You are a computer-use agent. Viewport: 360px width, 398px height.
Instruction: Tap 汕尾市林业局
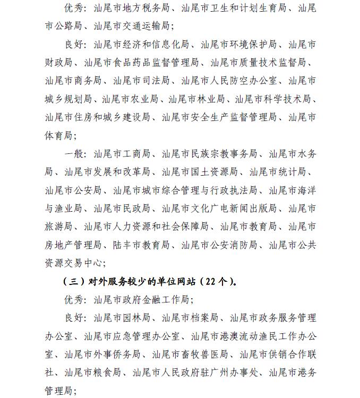tap(197, 98)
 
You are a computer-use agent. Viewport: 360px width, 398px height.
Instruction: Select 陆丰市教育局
tap(141, 244)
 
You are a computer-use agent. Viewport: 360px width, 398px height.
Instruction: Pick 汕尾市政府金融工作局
tap(141, 299)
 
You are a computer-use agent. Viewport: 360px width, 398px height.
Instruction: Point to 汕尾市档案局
tap(190, 317)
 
